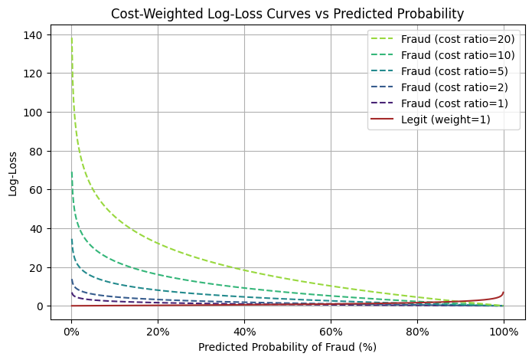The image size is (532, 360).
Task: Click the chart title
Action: (287, 14)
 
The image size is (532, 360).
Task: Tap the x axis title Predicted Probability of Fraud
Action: (287, 347)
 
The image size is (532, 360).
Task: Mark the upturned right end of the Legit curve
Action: (503, 293)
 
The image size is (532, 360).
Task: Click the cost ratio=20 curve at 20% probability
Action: (158, 244)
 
